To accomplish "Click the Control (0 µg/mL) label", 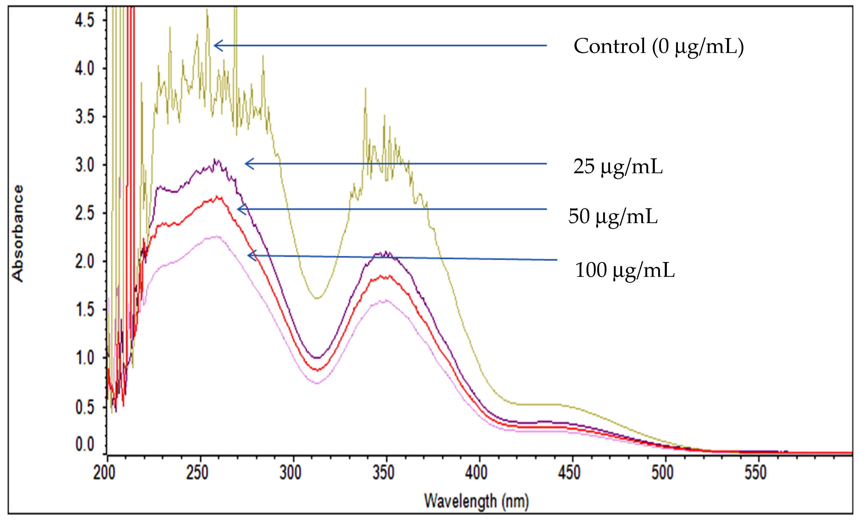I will point(658,47).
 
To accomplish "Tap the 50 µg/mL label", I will point(613,216).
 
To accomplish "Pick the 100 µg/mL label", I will point(625,270).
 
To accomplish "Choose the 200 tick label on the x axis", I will point(104,473).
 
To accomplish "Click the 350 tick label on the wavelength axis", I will point(383,473).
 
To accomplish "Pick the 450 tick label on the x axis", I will point(569,473).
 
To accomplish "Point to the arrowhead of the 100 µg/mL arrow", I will point(249,255).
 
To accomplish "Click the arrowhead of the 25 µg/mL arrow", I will point(246,164).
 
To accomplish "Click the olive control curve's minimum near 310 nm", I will point(317,298).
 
